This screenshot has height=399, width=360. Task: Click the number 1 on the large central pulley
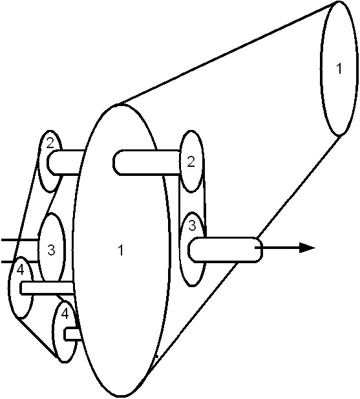[x=121, y=250]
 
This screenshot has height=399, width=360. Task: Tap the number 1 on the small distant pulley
[x=339, y=68]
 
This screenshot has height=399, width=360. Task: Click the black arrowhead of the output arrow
[x=307, y=248]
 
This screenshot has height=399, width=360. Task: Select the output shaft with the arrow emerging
[x=226, y=250]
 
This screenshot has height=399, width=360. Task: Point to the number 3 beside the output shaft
[x=193, y=226]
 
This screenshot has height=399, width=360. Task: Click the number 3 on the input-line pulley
[x=51, y=250]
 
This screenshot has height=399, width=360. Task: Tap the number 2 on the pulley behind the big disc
[x=50, y=144]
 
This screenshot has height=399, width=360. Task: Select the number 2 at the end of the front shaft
[x=191, y=162]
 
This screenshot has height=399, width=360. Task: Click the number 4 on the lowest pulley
[x=65, y=314]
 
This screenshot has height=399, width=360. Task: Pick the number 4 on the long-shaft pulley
[x=20, y=270]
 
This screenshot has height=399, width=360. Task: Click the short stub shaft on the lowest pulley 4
[x=73, y=334]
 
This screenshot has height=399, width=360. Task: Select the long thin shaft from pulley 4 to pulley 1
[x=47, y=288]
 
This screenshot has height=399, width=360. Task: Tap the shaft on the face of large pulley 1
[x=147, y=162]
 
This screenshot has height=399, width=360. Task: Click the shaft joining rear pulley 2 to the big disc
[x=65, y=162]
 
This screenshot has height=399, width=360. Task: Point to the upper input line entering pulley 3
[x=20, y=240]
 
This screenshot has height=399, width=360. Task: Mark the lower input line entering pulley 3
[x=20, y=261]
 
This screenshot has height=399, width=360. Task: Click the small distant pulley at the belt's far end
[x=339, y=68]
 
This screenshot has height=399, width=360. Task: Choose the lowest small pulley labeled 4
[x=65, y=331]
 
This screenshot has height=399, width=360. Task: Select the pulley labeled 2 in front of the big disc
[x=192, y=161]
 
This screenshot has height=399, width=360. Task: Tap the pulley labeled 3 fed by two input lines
[x=51, y=248]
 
